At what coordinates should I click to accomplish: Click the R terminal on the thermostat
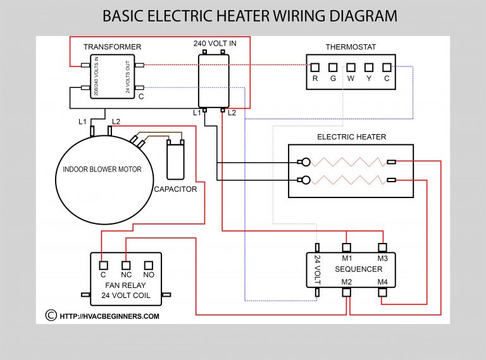pos(315,66)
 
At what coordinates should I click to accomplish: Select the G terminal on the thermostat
pos(333,66)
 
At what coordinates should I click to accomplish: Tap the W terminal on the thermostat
pos(351,66)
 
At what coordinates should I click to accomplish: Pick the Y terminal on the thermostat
pos(369,66)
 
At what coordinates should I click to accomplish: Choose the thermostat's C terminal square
pos(387,66)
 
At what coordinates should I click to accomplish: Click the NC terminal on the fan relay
pos(126,264)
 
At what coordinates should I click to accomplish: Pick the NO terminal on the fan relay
pos(149,264)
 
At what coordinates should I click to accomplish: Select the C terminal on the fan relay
pos(103,264)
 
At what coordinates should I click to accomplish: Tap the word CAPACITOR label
pos(175,189)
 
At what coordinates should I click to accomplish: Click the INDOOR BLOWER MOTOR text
pos(102,170)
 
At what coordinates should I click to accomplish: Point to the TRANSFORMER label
pos(112,47)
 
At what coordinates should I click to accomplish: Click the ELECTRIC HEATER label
pos(351,137)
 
